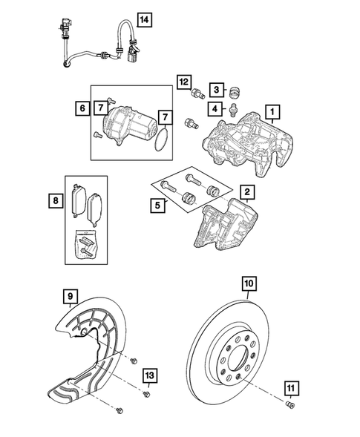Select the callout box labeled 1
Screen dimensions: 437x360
pos(274,113)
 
